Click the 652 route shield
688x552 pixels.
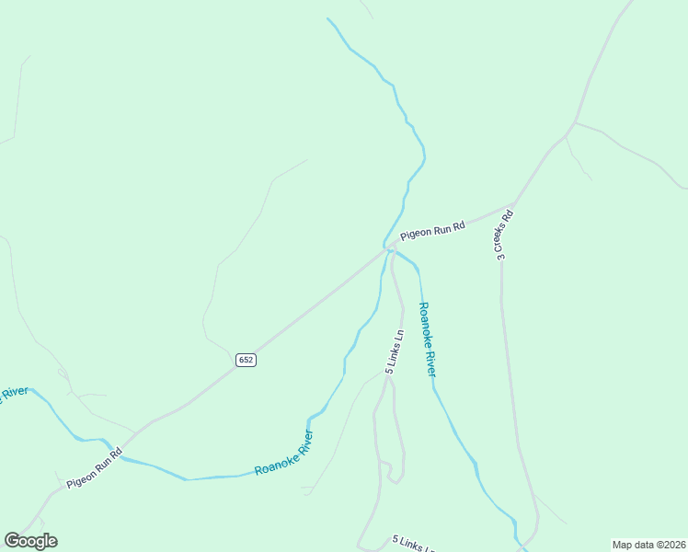[x=245, y=360]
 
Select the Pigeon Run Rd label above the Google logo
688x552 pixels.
[x=94, y=467]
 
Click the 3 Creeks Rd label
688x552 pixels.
[x=502, y=235]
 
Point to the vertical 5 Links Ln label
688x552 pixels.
[x=394, y=351]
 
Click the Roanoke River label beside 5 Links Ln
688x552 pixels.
[x=427, y=339]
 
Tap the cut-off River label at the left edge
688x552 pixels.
[x=12, y=395]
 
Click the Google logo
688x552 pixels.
[x=30, y=541]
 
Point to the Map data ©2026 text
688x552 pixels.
[x=648, y=545]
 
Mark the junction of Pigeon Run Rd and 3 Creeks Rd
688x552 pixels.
[x=515, y=201]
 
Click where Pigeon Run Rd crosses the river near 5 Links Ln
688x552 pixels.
[x=386, y=248]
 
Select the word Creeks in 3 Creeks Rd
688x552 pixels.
[x=501, y=236]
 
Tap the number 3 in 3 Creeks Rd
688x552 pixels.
[x=500, y=258]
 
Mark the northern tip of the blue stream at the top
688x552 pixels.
[x=327, y=17]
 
